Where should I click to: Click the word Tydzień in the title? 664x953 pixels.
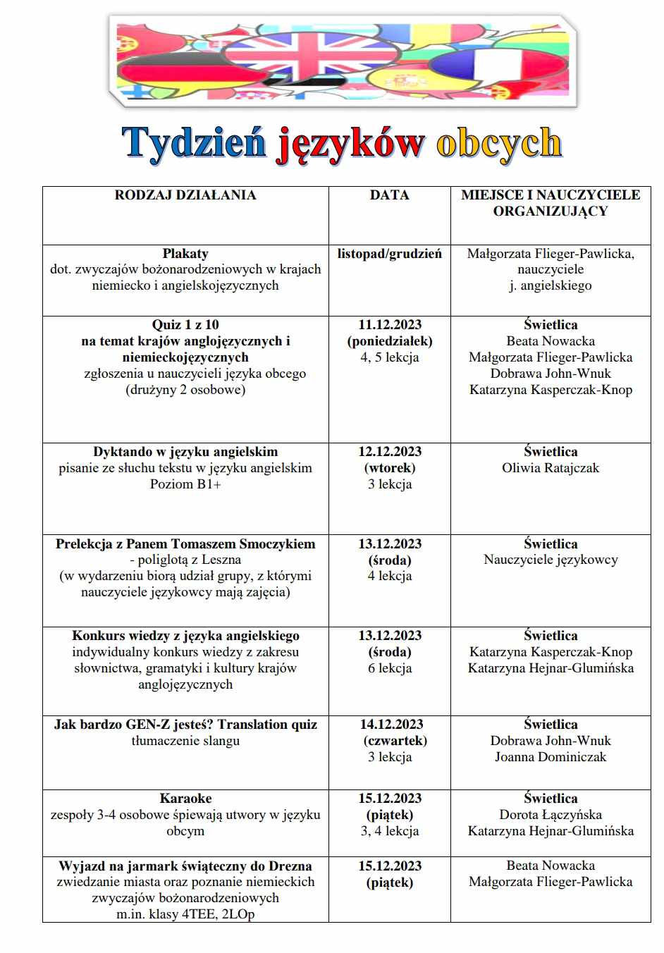click(x=195, y=143)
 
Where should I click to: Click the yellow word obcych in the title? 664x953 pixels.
click(x=498, y=143)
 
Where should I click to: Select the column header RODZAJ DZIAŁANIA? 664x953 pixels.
click(x=185, y=195)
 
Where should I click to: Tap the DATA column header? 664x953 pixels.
click(x=389, y=195)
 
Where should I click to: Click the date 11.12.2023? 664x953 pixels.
click(x=390, y=325)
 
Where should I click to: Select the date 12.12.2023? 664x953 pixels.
click(x=390, y=452)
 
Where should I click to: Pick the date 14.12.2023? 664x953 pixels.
click(x=391, y=725)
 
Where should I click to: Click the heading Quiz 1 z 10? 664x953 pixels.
click(x=185, y=325)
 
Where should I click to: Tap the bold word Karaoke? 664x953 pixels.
click(x=185, y=799)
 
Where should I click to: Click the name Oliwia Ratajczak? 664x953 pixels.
click(x=551, y=468)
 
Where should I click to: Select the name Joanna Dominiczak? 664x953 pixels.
click(x=551, y=757)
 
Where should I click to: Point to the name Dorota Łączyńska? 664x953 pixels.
click(x=551, y=815)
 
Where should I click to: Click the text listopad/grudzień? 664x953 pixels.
click(x=390, y=254)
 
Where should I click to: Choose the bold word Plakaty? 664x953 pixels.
click(x=185, y=254)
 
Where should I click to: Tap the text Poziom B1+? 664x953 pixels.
click(x=185, y=484)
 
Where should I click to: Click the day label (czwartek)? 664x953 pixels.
click(x=395, y=741)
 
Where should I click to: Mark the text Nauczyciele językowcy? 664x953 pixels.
click(x=551, y=560)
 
